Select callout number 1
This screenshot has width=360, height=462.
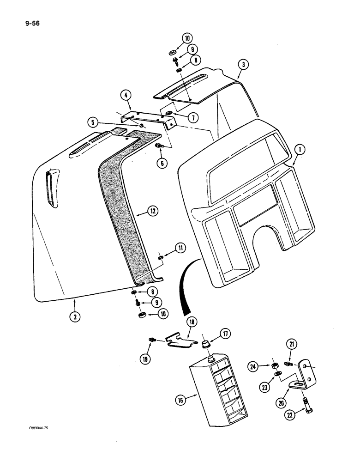point(301,149)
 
